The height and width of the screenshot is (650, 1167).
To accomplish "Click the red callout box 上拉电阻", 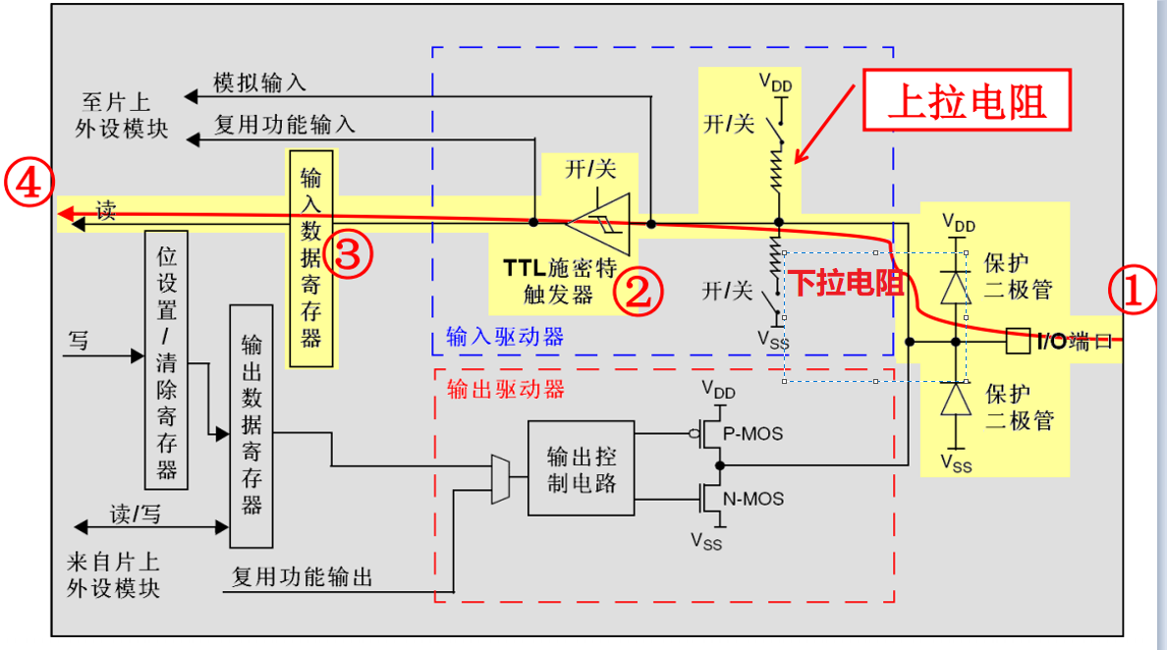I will [967, 101].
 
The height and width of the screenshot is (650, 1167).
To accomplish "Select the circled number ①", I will [1133, 292].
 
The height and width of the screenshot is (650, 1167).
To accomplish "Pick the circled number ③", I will [351, 254].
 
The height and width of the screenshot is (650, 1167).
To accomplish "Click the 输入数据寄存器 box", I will [310, 258].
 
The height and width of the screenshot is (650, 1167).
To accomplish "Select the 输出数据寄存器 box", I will [251, 425].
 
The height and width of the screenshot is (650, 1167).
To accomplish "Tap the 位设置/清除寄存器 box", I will [166, 359].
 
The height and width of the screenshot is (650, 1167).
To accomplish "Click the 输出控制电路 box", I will [581, 467].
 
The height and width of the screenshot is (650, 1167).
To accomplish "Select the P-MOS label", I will [753, 433].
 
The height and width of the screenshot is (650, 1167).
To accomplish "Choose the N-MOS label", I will [753, 499].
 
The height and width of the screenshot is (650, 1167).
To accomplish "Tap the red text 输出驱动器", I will [506, 389].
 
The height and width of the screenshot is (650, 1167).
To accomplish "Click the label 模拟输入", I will [259, 83].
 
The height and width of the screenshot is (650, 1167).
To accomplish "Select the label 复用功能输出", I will [303, 576].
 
